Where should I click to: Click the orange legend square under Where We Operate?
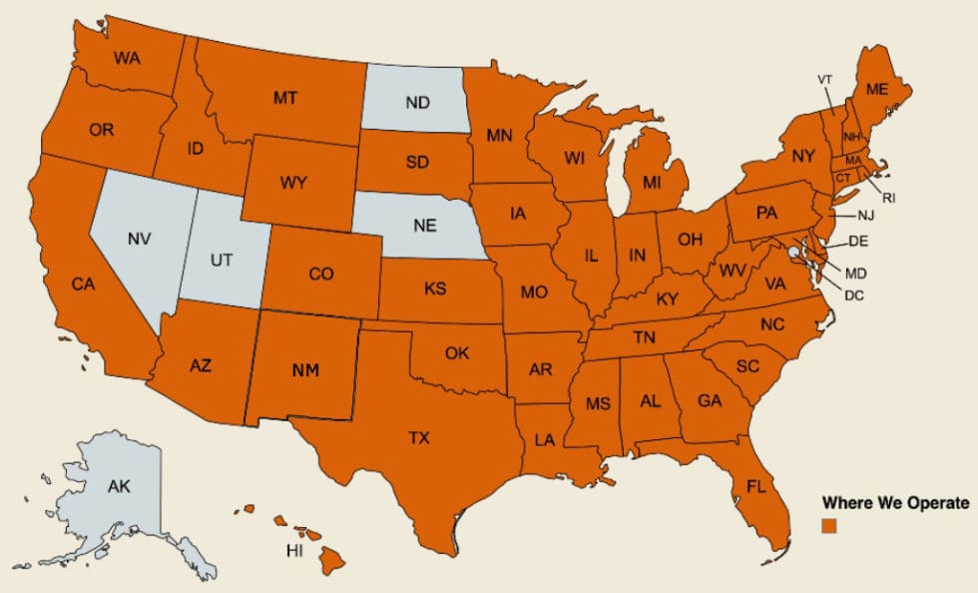point(828,524)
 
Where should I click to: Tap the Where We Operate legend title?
point(894,503)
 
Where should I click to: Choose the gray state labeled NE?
point(425,225)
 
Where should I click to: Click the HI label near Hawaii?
point(293,551)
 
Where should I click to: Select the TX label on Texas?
point(419,437)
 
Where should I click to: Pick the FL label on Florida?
point(755,486)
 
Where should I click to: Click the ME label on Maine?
point(876,89)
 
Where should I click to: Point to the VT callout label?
point(824,79)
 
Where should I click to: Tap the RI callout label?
point(888,198)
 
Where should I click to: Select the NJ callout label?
point(864,216)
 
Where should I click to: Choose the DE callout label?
point(859,242)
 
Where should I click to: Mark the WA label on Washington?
point(127,58)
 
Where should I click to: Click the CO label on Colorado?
point(321,273)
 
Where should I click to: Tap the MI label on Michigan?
point(652,183)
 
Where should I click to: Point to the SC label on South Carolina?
point(747,366)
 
